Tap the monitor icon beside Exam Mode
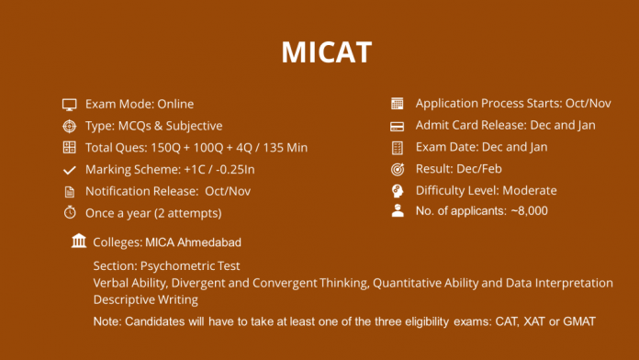69,104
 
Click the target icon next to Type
69,126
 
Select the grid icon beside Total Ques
69,148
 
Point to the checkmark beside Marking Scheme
69,170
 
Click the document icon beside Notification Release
69,192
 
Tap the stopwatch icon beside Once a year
69,213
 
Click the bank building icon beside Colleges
79,242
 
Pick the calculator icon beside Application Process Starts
398,104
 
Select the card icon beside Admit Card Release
398,126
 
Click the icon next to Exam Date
398,148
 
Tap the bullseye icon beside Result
398,169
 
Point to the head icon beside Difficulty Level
398,191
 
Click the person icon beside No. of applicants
398,211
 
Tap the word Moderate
527,191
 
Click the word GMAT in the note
577,321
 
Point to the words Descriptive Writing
145,299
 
